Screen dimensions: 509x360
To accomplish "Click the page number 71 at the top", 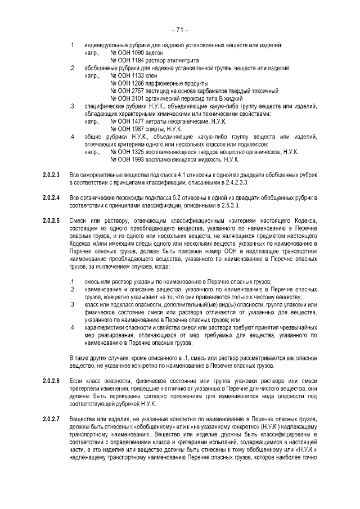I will [x=180, y=29].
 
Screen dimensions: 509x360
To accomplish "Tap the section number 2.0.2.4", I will [x=51, y=197].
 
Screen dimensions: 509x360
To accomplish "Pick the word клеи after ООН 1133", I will [x=151, y=75].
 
